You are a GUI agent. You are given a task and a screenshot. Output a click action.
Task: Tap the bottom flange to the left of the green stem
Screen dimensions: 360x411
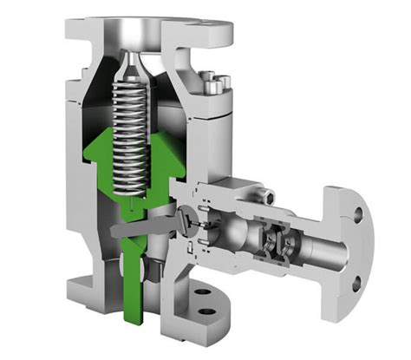pos(91,285)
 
